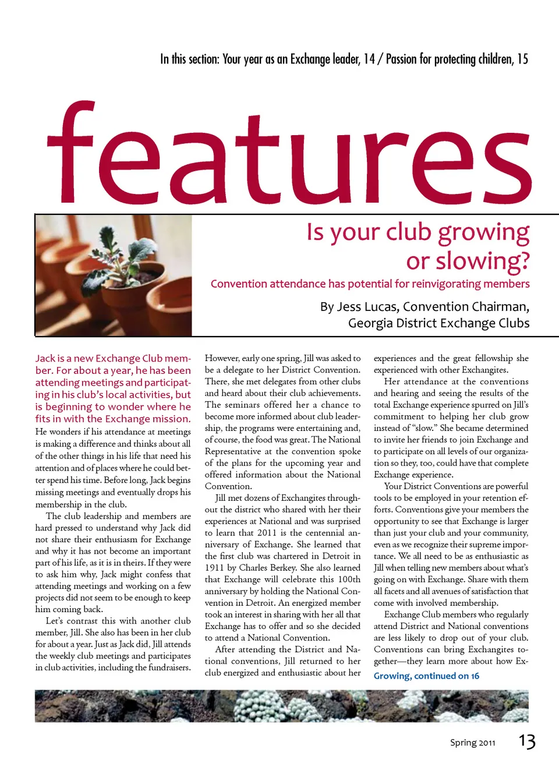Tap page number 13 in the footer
(527, 741)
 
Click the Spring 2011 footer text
(472, 743)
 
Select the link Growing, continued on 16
(426, 676)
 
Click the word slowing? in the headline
(468, 261)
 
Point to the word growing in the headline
(483, 233)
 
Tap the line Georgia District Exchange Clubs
(438, 323)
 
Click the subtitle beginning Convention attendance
(370, 284)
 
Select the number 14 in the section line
(369, 59)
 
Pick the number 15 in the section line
(522, 59)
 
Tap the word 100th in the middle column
(349, 579)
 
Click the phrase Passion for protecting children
(449, 59)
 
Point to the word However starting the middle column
(222, 358)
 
